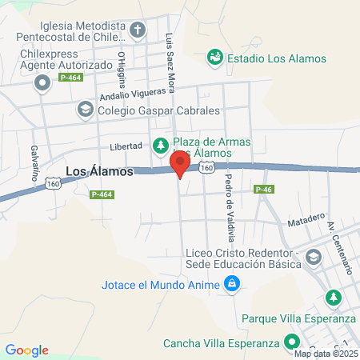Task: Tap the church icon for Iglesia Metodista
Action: click(x=138, y=30)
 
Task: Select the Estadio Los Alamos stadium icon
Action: click(x=214, y=58)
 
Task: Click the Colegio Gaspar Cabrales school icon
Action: click(x=85, y=109)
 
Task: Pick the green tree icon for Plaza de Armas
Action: click(x=158, y=146)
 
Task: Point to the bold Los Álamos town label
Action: click(x=98, y=171)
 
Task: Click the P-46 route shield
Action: click(x=264, y=189)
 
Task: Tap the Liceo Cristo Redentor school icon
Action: click(x=312, y=257)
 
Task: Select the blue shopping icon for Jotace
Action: click(x=231, y=283)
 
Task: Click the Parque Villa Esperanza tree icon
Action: click(x=332, y=298)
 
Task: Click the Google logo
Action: click(x=26, y=350)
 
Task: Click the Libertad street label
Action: click(x=126, y=147)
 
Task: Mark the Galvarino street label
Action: click(x=34, y=163)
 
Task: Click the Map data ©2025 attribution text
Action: click(x=325, y=354)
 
